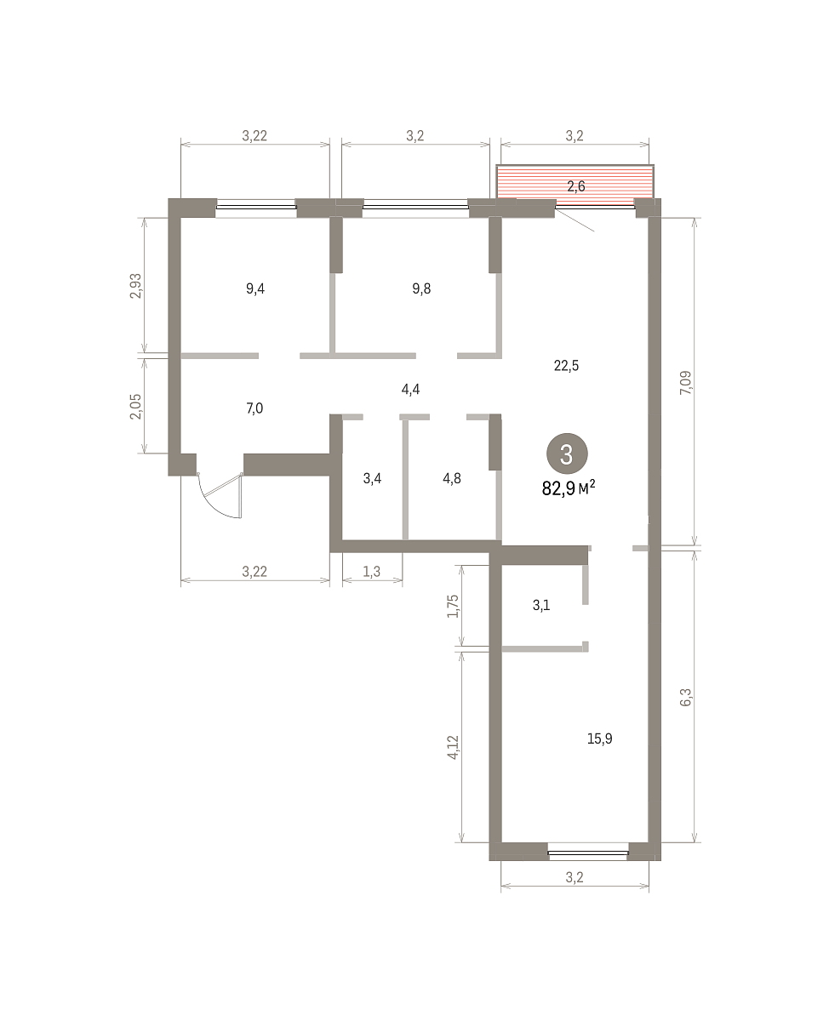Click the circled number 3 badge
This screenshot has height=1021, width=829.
[567, 453]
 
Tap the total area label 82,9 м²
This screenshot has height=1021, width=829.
[569, 488]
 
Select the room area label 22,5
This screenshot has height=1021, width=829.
[566, 366]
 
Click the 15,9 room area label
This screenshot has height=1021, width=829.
[600, 739]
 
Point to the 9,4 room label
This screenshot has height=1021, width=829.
[255, 288]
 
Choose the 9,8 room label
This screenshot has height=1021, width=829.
[421, 288]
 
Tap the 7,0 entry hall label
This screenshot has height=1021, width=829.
[254, 408]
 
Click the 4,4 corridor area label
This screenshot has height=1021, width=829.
[410, 389]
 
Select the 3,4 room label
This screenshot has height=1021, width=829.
[372, 478]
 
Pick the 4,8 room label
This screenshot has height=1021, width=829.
[452, 478]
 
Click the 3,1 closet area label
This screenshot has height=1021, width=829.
[541, 606]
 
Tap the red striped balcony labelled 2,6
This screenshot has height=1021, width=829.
[575, 182]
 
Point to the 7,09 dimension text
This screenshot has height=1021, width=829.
[686, 383]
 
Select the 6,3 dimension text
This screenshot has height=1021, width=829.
[686, 698]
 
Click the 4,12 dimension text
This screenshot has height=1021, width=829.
[453, 747]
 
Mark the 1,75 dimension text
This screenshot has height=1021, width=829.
[453, 606]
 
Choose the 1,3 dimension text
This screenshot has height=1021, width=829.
[372, 572]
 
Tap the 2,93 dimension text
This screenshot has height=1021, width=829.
[136, 286]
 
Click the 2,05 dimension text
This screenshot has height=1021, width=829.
[136, 407]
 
